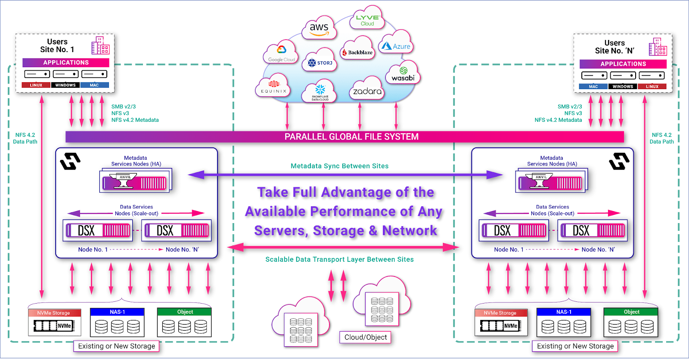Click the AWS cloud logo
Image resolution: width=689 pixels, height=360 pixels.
(319, 28)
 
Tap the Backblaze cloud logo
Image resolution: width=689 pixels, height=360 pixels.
(357, 52)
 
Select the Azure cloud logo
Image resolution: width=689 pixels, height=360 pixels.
(396, 46)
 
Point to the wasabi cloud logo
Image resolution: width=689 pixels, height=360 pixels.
(403, 74)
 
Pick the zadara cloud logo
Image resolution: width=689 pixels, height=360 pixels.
(367, 91)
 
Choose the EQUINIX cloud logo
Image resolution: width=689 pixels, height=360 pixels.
(274, 87)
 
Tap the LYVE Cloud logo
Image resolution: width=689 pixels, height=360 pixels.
(367, 20)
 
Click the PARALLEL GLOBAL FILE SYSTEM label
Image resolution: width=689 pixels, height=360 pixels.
(351, 137)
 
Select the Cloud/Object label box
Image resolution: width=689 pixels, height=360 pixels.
(365, 337)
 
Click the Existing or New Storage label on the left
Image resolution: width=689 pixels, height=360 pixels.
(116, 346)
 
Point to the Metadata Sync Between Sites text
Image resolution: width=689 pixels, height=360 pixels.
(339, 166)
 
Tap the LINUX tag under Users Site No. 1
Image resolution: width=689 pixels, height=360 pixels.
(36, 85)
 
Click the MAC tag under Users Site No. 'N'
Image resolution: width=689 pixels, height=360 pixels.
(593, 87)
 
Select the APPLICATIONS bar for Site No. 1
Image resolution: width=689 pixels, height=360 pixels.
(66, 62)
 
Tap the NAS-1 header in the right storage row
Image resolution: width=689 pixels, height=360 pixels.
(564, 312)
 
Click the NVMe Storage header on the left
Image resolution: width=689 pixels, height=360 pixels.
(54, 313)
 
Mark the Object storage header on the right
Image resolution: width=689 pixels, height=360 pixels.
(631, 312)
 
